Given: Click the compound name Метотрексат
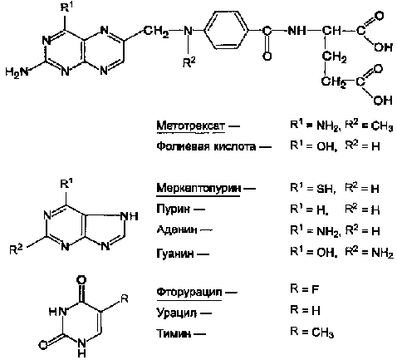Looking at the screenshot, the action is [x=191, y=126].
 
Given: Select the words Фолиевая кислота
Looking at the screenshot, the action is [x=206, y=146].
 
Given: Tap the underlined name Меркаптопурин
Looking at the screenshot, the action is [x=198, y=189].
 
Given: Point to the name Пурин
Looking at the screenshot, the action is [x=174, y=209].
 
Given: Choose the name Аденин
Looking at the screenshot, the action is [x=177, y=229].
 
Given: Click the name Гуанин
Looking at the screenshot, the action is [x=175, y=254].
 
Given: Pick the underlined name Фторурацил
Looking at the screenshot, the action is [x=189, y=292].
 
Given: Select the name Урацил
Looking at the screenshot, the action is [x=177, y=313].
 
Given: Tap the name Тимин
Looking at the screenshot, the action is [x=174, y=333].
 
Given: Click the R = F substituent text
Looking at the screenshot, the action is [x=305, y=289].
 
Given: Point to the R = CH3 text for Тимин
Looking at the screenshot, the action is [x=312, y=332].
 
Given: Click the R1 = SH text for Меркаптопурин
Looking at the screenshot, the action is [x=313, y=189].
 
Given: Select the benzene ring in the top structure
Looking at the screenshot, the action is [x=227, y=31].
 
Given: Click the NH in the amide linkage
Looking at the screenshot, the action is [x=297, y=30].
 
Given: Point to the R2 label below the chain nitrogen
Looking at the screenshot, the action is [x=189, y=62].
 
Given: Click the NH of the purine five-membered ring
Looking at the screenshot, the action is [x=129, y=216].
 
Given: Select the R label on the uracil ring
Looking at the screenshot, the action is [x=125, y=298].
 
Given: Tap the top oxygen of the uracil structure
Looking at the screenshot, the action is [x=81, y=280].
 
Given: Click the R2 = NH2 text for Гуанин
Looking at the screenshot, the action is [x=370, y=253].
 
